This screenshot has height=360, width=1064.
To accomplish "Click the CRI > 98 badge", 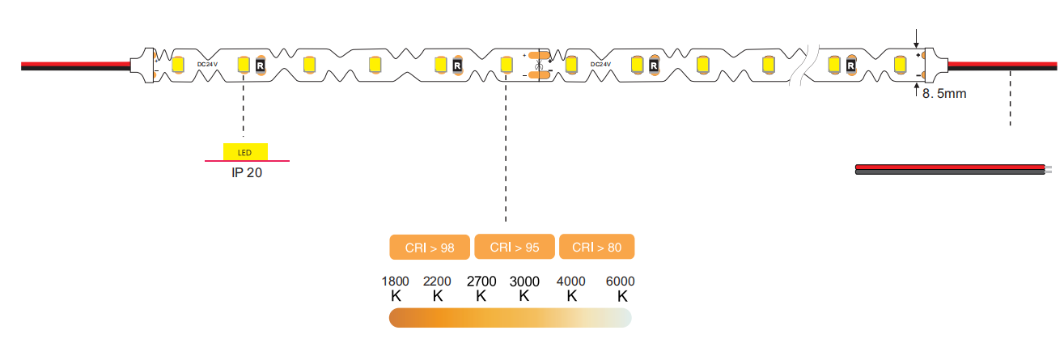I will pos(430,248).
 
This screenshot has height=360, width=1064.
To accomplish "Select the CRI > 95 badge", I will pos(515,248).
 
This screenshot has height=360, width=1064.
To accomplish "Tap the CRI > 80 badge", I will pos(596,248).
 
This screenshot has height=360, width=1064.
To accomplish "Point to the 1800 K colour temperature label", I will pos(396,288).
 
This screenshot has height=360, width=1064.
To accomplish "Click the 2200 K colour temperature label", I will pos(438,288).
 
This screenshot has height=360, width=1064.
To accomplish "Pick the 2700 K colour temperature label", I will pos(481,288).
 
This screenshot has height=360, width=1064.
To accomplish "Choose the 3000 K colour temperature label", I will pos(524,288).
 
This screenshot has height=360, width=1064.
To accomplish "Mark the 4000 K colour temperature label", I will pos(572,288).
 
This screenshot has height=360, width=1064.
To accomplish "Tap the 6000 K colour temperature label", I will pos(621,288).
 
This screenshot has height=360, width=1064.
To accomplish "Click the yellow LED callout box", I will pos(245,152).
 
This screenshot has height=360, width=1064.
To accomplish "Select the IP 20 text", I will pos(248,172).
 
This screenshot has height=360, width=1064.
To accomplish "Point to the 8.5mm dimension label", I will pos(944,94).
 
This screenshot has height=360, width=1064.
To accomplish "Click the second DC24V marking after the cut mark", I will pos(601,64).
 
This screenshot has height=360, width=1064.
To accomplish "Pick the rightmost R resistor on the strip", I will pos(851,64).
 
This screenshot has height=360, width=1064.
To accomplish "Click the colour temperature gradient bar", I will pos(511,319).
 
